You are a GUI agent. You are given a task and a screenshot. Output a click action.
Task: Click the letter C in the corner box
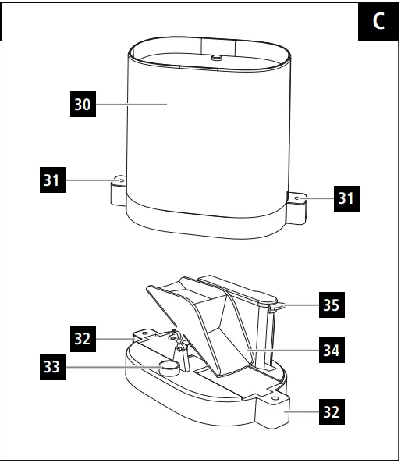(378, 21)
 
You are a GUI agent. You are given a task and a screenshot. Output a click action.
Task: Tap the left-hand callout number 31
(51, 180)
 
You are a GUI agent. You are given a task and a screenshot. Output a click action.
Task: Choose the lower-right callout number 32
(331, 412)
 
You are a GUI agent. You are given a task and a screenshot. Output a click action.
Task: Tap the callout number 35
(331, 305)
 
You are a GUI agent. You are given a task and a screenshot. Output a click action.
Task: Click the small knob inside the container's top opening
(216, 56)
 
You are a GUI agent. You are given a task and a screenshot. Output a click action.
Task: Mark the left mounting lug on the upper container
(118, 187)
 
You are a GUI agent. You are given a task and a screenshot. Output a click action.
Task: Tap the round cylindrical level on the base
(171, 368)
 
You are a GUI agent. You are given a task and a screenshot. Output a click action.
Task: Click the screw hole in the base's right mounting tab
(274, 396)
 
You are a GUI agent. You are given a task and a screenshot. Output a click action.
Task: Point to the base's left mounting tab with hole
(144, 337)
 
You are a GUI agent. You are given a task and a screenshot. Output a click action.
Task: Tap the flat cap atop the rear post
(233, 287)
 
